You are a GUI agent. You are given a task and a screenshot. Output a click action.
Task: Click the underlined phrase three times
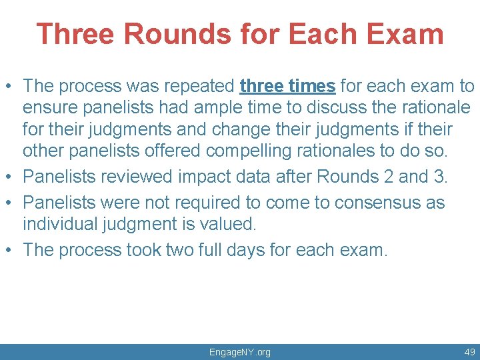(x=287, y=86)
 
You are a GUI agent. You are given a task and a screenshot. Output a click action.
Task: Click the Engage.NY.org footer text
(x=239, y=352)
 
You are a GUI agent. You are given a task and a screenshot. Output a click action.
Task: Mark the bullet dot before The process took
(x=9, y=251)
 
